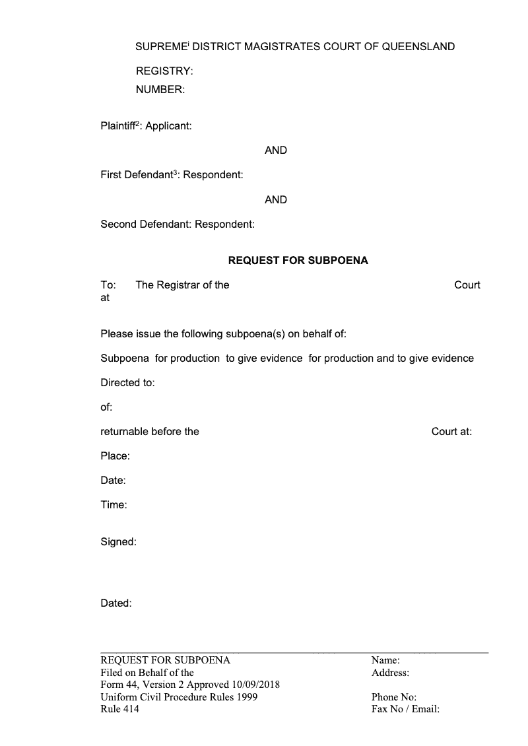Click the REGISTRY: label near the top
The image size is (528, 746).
pos(164,71)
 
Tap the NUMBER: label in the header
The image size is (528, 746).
pos(160,89)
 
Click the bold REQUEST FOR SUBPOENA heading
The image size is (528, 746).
pos(298,261)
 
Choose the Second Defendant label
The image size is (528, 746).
pos(145,224)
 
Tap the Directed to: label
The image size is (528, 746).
pos(127,383)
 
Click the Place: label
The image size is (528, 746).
pos(115,456)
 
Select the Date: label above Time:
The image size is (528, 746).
pos(113,481)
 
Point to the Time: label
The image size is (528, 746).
pos(114,505)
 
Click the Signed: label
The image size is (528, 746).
pos(118,542)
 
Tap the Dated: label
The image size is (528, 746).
pos(116,603)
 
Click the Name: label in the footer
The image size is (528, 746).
pos(385,660)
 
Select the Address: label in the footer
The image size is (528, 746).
pos(390,673)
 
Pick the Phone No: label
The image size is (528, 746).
pos(393,697)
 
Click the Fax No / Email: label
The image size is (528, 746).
pos(405,710)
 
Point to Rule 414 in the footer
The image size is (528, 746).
pos(119,710)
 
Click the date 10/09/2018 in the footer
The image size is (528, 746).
pos(255,685)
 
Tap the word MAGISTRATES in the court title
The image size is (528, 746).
pos(280,47)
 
